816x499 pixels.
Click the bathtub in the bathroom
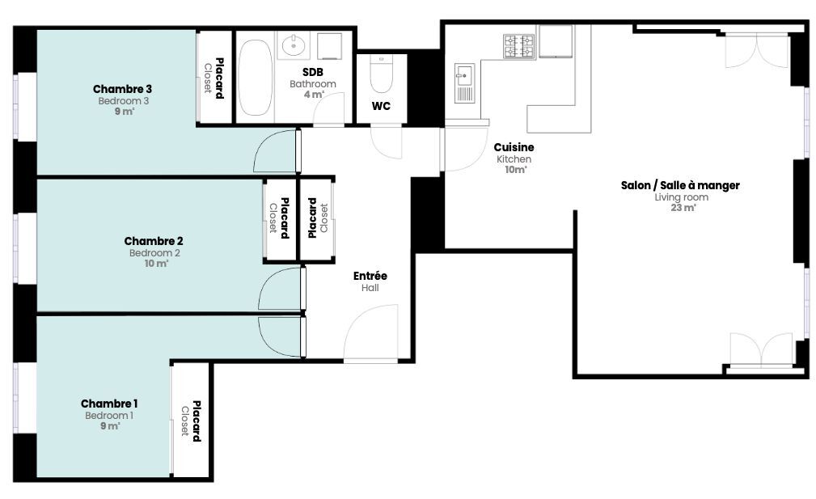(255, 78)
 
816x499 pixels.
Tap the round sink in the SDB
(294, 45)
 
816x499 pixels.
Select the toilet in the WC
(381, 74)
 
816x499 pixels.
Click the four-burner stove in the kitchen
(519, 46)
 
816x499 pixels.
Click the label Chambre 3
(122, 89)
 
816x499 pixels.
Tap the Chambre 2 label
(154, 241)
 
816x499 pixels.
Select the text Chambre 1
(109, 404)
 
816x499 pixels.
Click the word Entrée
(370, 276)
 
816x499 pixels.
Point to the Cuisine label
(514, 147)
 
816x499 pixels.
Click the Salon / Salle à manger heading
(680, 185)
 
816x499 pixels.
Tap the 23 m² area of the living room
(683, 208)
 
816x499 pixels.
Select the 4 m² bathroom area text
(313, 95)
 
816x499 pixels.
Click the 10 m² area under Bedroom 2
(156, 264)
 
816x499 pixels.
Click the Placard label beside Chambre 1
(197, 421)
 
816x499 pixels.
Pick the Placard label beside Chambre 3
(220, 78)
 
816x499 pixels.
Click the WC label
(381, 106)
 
